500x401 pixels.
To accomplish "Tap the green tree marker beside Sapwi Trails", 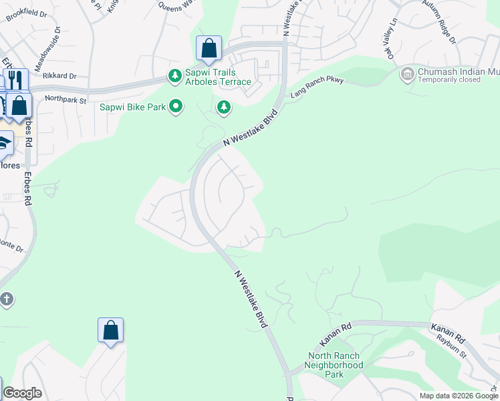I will coord(174,76).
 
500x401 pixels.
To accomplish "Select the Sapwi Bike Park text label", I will coord(132,106).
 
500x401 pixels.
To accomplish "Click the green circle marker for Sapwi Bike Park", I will coord(176,106).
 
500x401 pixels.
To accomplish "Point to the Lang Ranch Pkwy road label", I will coord(317,88).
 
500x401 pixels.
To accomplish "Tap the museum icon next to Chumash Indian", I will coord(406,74).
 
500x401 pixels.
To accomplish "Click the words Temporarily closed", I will coord(449,80).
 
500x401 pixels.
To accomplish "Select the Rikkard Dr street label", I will coord(60,76).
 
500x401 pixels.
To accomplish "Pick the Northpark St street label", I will coord(66,100).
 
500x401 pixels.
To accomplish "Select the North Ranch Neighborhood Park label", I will coord(334,365).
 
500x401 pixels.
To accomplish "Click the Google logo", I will coord(22,393).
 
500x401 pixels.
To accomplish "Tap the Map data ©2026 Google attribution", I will coord(458,396).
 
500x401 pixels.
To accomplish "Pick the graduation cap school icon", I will coord(3,142).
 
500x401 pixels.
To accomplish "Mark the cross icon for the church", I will coord(5,299).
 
